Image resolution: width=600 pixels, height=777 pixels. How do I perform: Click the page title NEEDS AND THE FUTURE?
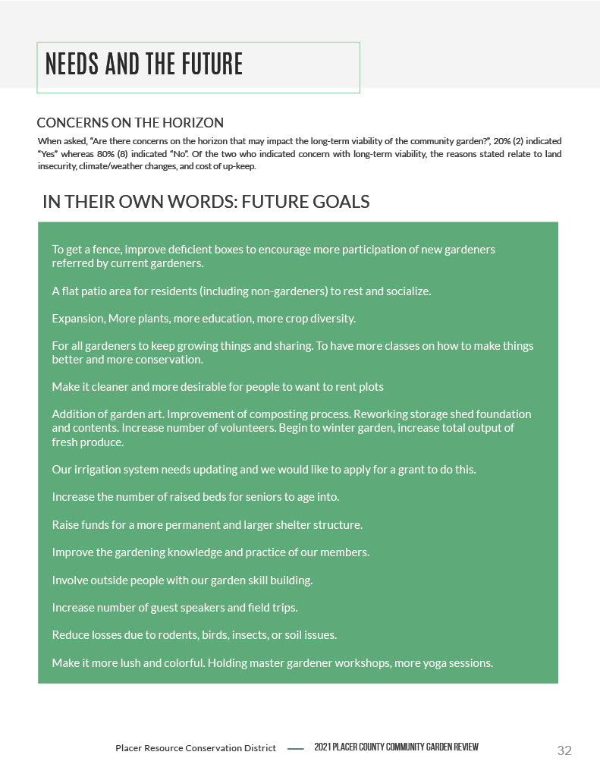144,64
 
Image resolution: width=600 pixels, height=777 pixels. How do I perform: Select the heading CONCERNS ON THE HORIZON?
130,123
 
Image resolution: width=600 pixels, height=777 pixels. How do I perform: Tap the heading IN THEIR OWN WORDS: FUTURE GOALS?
206,202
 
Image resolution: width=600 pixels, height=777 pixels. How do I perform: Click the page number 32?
564,750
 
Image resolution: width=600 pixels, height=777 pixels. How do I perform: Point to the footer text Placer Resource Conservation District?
196,748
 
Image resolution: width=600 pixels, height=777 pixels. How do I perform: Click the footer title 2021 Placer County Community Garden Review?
396,748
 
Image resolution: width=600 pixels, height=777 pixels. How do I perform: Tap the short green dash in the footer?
296,749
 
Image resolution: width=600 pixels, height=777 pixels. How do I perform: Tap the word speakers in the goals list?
212,608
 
